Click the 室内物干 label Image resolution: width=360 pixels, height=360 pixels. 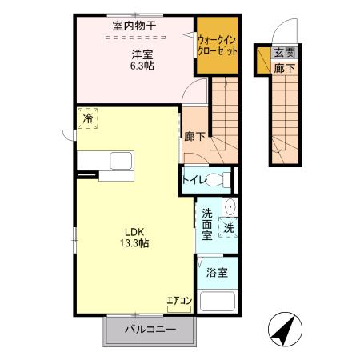(134, 26)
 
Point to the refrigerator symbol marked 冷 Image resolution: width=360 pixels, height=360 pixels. (87, 118)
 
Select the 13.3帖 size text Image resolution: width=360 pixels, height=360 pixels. (133, 242)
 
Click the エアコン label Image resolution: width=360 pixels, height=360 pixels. (178, 301)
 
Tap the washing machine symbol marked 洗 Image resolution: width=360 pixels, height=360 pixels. (228, 227)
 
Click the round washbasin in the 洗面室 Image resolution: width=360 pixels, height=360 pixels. (230, 207)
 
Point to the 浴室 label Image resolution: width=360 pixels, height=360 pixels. (216, 271)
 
